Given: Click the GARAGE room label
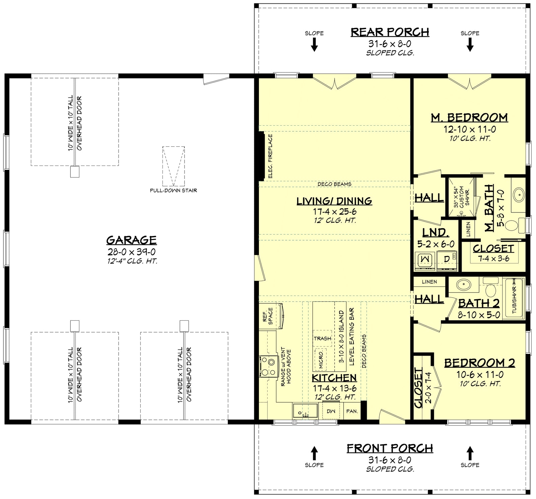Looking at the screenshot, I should click(x=131, y=240).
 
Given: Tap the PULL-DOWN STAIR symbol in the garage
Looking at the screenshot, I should click(x=174, y=166).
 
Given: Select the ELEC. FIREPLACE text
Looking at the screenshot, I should click(x=270, y=156).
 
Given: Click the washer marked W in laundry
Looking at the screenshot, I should click(x=425, y=259).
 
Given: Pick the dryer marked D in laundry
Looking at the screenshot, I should click(x=447, y=259).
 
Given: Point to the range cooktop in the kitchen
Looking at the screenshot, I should click(x=269, y=366).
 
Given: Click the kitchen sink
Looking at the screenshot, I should click(x=305, y=411).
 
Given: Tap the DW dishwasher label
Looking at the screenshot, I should click(x=331, y=411).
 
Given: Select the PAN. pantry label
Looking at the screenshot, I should click(x=352, y=411).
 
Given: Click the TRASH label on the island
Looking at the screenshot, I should click(x=322, y=338).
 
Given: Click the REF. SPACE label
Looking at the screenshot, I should click(x=267, y=316).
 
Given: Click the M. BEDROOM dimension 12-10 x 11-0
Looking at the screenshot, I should click(x=470, y=129).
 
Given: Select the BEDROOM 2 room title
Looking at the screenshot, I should click(x=479, y=363).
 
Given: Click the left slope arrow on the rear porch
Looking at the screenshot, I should click(x=314, y=44).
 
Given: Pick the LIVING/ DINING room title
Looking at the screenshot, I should click(x=334, y=201).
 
